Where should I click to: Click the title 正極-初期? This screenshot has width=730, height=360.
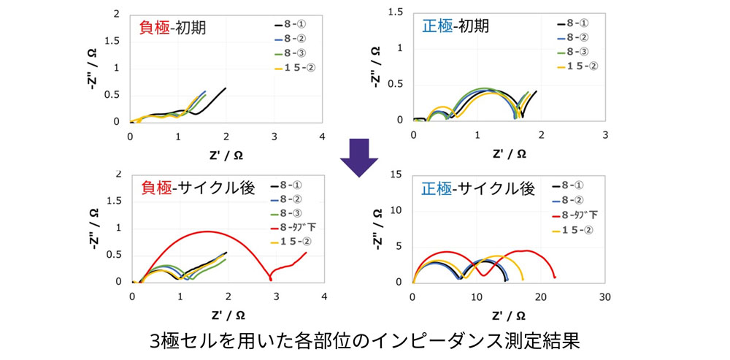coord(456,26)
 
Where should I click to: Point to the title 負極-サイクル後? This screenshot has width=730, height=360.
coord(197,188)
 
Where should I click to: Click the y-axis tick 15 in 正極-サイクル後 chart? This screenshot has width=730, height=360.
coord(397,174)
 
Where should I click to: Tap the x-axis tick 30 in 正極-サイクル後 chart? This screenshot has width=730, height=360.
coord(604,297)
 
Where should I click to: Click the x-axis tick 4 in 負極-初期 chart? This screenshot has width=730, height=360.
coord(323,137)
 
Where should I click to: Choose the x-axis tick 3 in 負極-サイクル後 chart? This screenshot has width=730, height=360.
coord(275,297)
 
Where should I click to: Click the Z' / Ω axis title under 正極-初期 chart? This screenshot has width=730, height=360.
coord(509,153)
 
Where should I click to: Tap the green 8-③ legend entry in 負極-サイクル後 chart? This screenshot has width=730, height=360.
coord(291,213)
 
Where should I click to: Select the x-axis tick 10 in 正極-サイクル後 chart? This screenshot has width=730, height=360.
coord(477,297)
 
